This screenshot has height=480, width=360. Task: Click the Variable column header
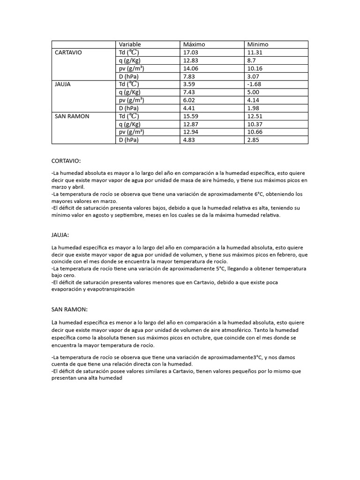click(130, 44)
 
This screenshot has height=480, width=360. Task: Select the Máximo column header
click(194, 44)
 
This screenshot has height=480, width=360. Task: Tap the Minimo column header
click(258, 44)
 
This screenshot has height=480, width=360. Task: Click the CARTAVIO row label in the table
click(68, 52)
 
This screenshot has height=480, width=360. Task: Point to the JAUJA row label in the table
click(63, 84)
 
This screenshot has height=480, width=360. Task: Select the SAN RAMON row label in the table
click(72, 116)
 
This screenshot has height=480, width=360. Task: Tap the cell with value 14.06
click(191, 68)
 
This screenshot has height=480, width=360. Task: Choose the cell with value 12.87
click(191, 124)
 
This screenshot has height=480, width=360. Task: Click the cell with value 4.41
click(189, 108)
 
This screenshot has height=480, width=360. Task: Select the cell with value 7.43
click(189, 92)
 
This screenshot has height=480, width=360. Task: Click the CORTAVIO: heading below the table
click(66, 160)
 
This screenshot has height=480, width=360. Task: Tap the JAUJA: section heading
click(60, 234)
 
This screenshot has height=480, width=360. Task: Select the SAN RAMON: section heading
click(70, 309)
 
